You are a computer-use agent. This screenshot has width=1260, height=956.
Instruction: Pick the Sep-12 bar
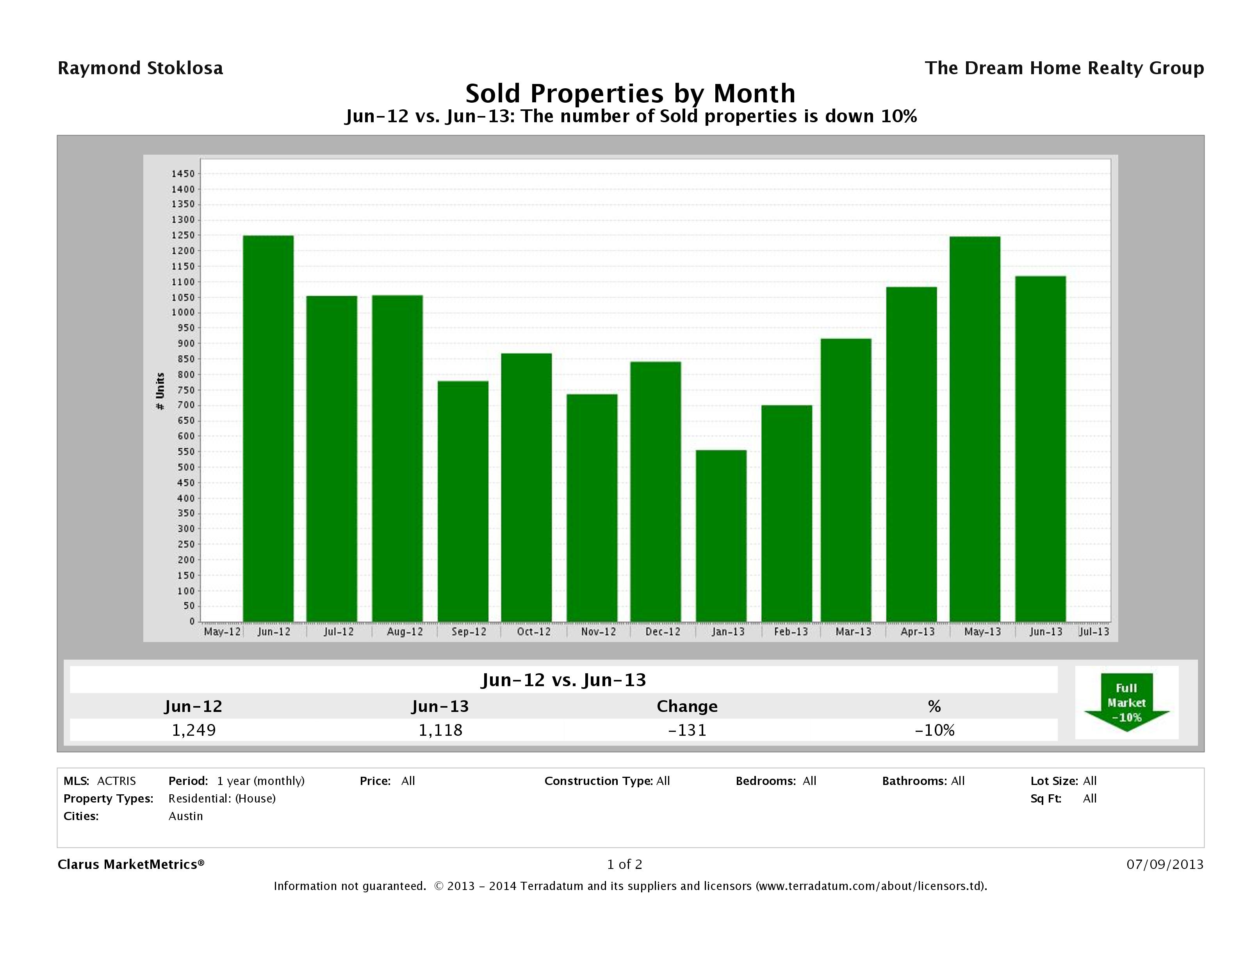point(463,501)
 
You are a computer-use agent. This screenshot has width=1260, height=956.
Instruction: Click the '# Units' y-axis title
point(160,391)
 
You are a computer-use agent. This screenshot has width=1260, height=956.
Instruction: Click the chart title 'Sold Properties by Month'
point(630,93)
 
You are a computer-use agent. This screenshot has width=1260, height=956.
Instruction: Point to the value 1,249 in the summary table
point(194,730)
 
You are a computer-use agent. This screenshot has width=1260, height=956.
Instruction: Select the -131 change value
point(687,730)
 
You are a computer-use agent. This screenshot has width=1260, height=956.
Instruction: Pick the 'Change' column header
point(687,706)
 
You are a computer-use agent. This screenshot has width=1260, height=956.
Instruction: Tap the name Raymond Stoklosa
point(140,68)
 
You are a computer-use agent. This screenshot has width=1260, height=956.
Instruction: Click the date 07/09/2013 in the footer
point(1165,864)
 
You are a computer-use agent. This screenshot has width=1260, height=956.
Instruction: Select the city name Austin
point(186,816)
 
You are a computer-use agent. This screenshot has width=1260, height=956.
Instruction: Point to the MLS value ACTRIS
point(116,781)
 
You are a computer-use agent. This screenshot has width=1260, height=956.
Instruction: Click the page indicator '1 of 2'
point(624,864)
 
